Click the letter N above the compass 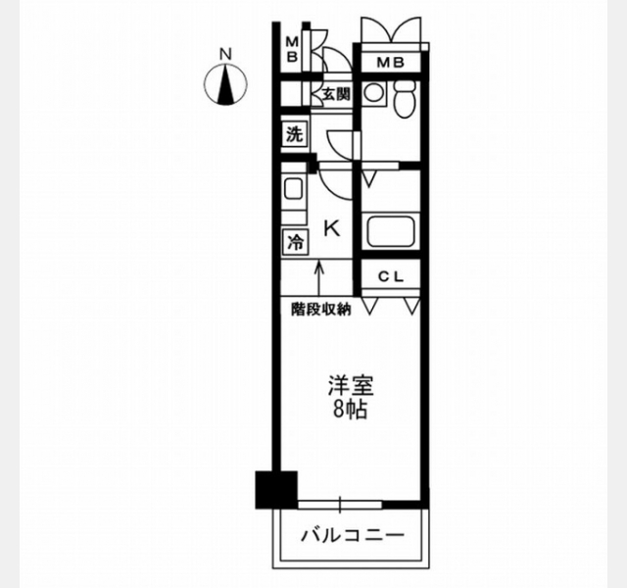click(226, 54)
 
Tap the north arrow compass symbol click(225, 84)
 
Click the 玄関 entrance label click(336, 94)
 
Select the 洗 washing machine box click(295, 135)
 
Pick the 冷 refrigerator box click(296, 242)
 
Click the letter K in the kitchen click(332, 228)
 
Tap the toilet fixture click(405, 98)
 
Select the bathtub click(391, 231)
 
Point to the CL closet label click(391, 276)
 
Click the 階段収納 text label click(321, 310)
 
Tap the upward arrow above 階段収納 click(319, 278)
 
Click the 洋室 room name click(351, 385)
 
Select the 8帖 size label click(351, 409)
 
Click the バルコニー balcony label click(353, 536)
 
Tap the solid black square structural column click(276, 490)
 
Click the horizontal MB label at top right click(391, 63)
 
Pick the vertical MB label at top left click(293, 49)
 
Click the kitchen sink click(294, 188)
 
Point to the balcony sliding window click(340, 505)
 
